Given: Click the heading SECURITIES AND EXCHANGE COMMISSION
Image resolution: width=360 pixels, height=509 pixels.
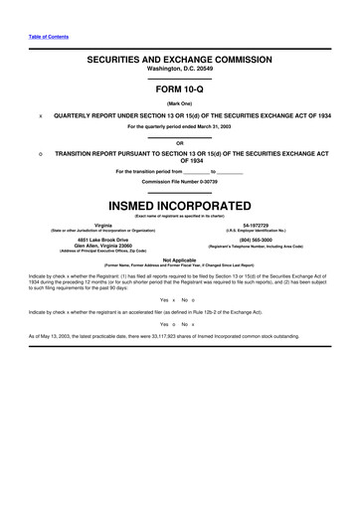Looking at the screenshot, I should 180,61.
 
